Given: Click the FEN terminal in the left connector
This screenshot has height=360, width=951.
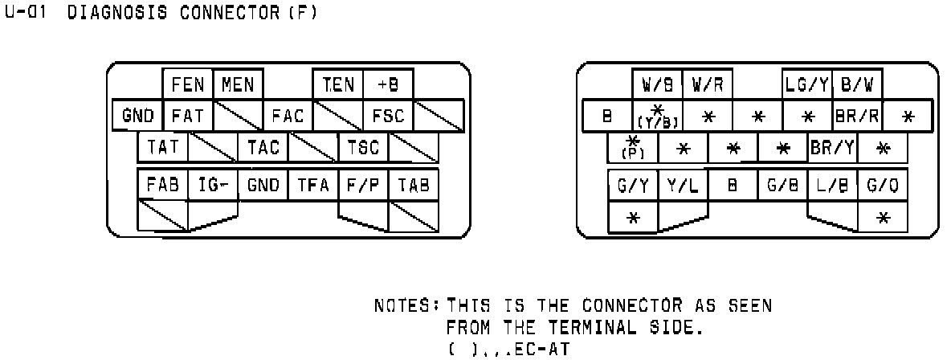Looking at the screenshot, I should [x=188, y=84].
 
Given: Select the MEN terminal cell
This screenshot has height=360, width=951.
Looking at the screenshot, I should [x=237, y=84].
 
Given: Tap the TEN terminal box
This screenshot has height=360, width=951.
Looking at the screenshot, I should [x=338, y=84].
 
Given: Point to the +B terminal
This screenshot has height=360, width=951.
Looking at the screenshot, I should [x=387, y=84].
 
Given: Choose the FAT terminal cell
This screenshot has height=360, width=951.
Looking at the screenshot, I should [x=186, y=116].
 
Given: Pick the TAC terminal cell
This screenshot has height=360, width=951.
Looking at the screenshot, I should [x=263, y=147].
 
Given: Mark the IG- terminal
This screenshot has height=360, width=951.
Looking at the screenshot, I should [x=213, y=185].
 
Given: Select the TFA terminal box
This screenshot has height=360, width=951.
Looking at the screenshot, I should [x=313, y=185].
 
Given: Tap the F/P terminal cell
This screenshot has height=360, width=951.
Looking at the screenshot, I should [x=363, y=185].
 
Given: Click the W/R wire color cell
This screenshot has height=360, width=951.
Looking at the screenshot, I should [x=708, y=84].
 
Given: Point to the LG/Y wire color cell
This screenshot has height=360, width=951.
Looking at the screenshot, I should [x=807, y=84].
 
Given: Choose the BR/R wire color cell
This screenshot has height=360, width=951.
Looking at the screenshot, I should [x=857, y=116].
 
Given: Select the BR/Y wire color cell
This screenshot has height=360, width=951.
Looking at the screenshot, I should [x=832, y=148].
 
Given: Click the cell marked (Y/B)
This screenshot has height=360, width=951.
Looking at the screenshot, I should [x=658, y=116].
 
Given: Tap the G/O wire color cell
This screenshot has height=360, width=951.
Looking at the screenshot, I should [x=883, y=185].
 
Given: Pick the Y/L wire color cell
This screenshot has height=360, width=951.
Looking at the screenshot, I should [x=683, y=185].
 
